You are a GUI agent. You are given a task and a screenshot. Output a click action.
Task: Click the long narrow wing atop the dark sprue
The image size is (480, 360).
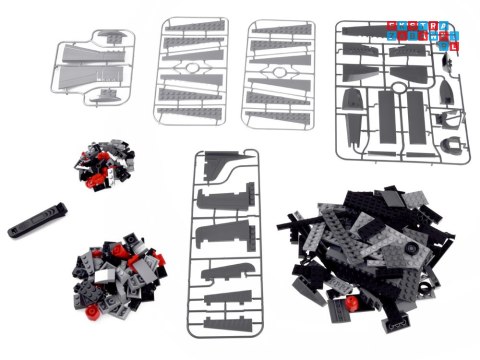pyautogui.click(x=374, y=33)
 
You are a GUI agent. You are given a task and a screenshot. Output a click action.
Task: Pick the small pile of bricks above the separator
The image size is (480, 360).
pyautogui.click(x=104, y=168)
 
